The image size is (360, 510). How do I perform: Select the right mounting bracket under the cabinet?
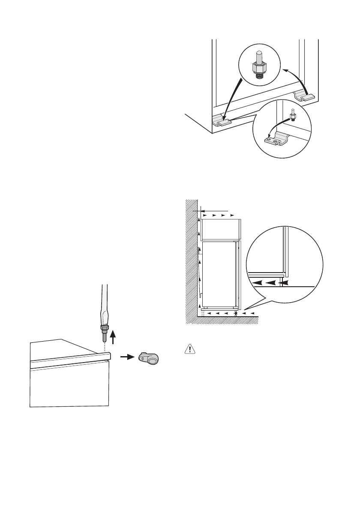[x=305, y=96]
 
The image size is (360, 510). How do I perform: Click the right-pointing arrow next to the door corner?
[x=125, y=357]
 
